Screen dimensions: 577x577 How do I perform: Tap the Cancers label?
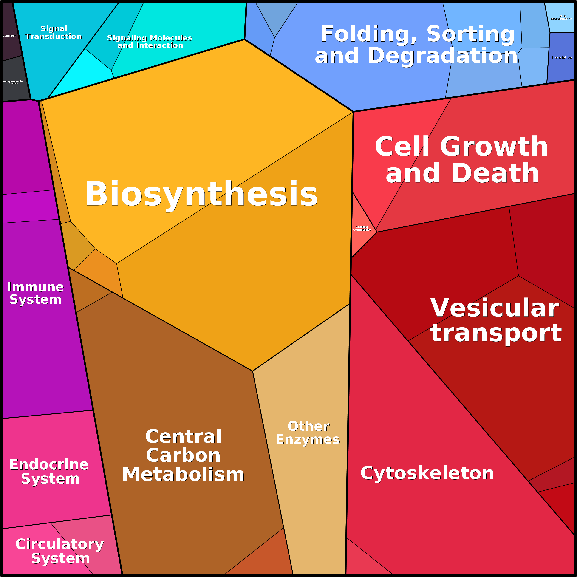click(10, 36)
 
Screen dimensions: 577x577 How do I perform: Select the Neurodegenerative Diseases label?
click(13, 82)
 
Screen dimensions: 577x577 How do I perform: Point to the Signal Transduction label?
click(54, 33)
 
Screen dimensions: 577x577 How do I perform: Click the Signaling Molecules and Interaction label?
click(150, 42)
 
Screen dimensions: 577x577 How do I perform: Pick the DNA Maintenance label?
click(561, 17)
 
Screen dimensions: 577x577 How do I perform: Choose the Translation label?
click(561, 57)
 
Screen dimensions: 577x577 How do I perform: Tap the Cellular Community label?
click(362, 228)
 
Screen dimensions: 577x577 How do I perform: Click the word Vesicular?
click(495, 308)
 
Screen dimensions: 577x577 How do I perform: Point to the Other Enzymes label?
click(308, 433)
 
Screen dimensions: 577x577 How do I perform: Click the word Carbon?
click(183, 455)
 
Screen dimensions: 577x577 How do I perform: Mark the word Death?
click(495, 173)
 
